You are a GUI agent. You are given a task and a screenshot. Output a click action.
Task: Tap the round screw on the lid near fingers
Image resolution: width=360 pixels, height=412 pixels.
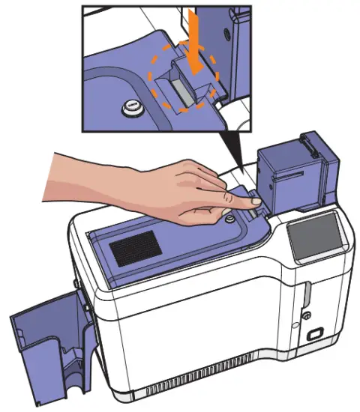tap(229, 218)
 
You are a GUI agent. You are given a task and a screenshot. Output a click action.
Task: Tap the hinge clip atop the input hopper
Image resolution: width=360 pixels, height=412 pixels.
tap(307, 140)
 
